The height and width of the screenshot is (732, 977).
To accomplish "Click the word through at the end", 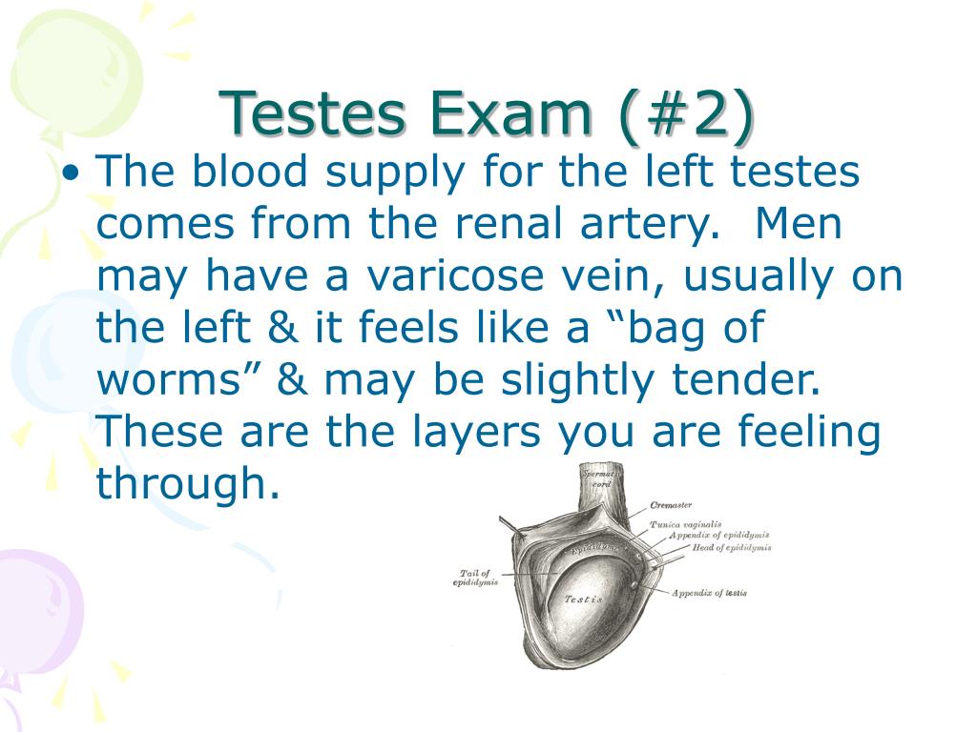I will coord(188,484).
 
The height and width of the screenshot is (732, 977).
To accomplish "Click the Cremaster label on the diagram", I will coord(671,505).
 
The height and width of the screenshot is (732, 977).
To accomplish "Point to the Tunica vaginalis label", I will coord(685,524).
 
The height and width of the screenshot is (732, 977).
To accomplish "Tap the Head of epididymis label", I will coord(732,548).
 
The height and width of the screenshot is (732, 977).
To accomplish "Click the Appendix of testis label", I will coord(709,593).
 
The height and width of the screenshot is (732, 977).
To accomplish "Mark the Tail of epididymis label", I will coord(475,578).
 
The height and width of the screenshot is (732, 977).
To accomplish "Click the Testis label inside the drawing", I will coord(583,599).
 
